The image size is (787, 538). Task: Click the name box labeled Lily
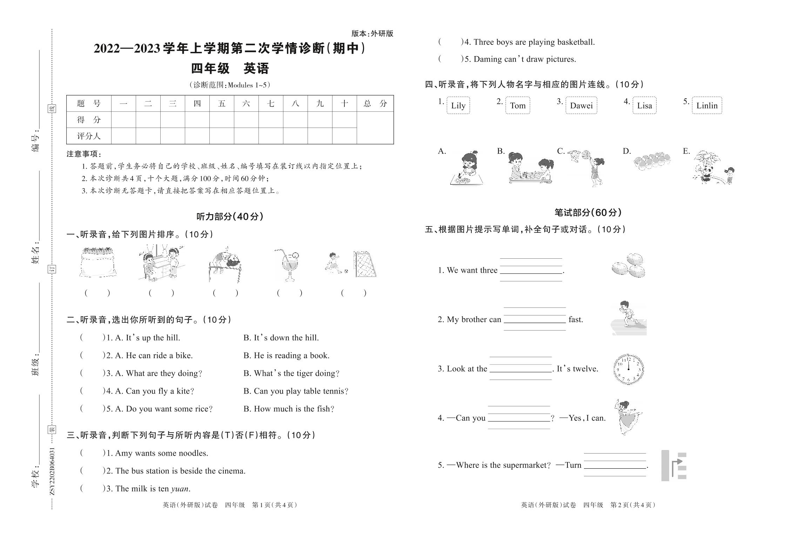tap(458, 105)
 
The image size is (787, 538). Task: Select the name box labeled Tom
tap(518, 105)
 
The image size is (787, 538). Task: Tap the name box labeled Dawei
tap(581, 105)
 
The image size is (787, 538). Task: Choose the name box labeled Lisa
tap(644, 105)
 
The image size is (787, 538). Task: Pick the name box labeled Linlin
tap(707, 105)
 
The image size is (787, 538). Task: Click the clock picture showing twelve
tap(628, 369)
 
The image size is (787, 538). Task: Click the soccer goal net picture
tap(365, 264)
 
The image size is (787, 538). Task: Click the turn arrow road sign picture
tap(674, 465)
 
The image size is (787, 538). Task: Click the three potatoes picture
tap(628, 266)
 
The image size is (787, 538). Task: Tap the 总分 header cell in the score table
tap(375, 103)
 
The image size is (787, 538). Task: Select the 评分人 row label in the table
tap(89, 136)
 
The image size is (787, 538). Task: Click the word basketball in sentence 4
tap(576, 42)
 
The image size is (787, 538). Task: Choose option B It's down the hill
tap(281, 338)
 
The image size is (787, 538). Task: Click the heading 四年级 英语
tap(230, 68)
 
